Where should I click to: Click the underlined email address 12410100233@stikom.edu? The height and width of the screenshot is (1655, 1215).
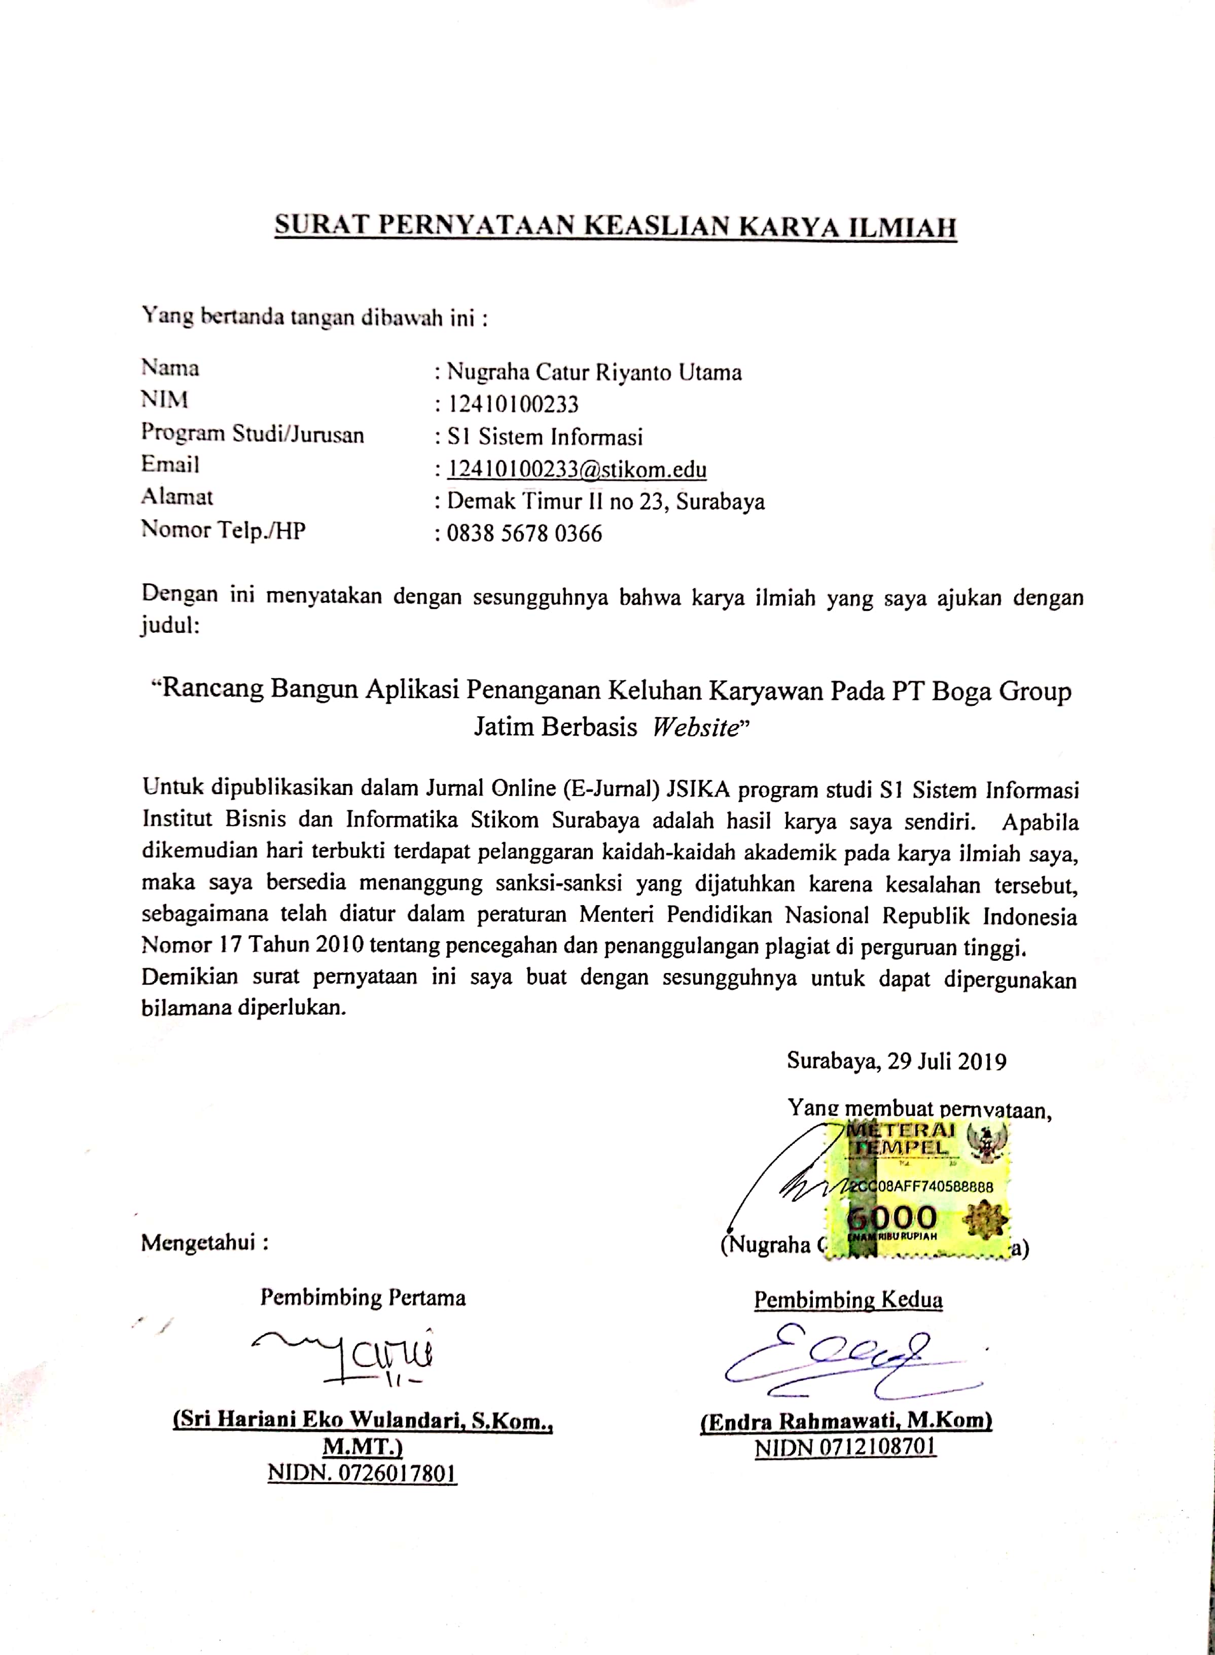point(578,469)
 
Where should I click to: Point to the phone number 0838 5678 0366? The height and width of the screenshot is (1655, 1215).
point(524,533)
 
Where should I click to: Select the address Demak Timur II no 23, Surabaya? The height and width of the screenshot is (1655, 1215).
point(606,501)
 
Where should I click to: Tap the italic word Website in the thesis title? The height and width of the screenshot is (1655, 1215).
point(695,727)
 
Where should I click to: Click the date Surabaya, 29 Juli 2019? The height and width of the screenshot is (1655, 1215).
point(896,1060)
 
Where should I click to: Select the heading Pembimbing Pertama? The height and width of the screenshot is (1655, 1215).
point(363,1297)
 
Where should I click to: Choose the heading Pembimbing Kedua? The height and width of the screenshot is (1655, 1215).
point(848,1299)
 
